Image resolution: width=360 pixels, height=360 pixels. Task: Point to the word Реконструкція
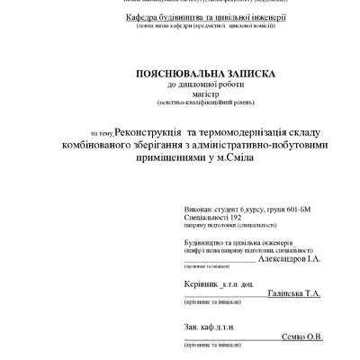157,131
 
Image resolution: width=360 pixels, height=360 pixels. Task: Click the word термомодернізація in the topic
245,131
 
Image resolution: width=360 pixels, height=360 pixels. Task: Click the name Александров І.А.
288,258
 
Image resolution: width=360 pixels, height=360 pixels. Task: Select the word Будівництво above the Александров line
208,241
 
